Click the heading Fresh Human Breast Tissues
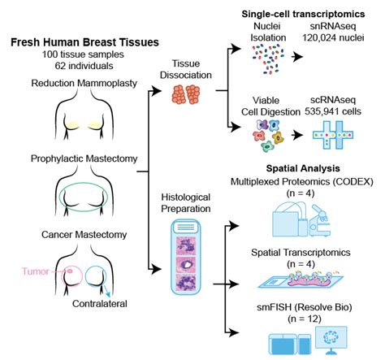[x=84, y=42]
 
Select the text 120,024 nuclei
[x=333, y=37]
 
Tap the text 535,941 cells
[x=333, y=111]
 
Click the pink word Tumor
[x=36, y=271]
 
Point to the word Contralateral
[x=100, y=304]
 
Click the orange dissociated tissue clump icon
[x=186, y=94]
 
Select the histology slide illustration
[x=186, y=257]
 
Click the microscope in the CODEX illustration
[x=320, y=220]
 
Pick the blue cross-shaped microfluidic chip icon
[x=333, y=135]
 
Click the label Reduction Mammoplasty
[x=84, y=83]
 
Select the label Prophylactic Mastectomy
[x=84, y=158]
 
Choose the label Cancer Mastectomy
[x=84, y=234]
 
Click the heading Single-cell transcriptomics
[x=303, y=14]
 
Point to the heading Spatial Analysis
[x=303, y=168]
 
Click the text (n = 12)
[x=305, y=319]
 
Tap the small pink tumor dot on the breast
[x=70, y=271]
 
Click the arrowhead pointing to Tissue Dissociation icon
[x=156, y=90]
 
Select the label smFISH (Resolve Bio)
[x=305, y=307]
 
